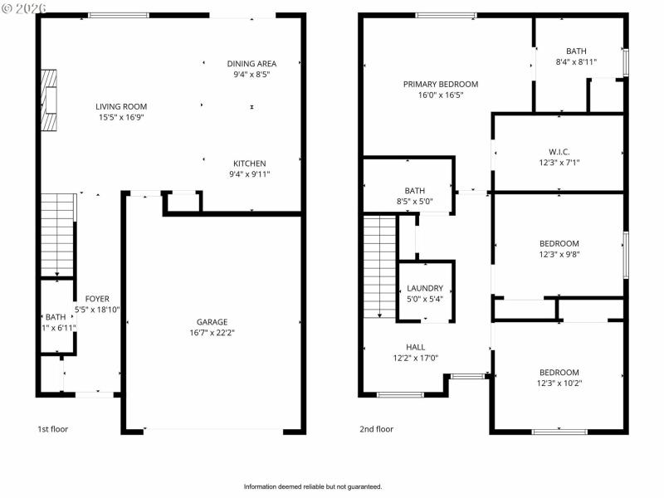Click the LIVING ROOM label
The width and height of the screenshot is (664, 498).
pyautogui.click(x=121, y=106)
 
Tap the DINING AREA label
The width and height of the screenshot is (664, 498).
pyautogui.click(x=251, y=63)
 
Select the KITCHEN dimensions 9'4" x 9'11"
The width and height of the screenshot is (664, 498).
pyautogui.click(x=249, y=174)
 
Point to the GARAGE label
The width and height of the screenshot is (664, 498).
pyautogui.click(x=212, y=322)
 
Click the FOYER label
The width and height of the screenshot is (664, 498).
pyautogui.click(x=97, y=299)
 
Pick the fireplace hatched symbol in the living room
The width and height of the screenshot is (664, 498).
pyautogui.click(x=51, y=100)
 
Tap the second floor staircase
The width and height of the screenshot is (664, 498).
pyautogui.click(x=380, y=266)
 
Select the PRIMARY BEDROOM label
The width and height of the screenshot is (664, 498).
pyautogui.click(x=441, y=84)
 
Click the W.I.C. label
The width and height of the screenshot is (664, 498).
pyautogui.click(x=559, y=151)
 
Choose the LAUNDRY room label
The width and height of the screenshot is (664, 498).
pyautogui.click(x=425, y=288)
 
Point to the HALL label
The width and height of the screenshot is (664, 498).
pyautogui.click(x=415, y=347)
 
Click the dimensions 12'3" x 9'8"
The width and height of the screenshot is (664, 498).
pyautogui.click(x=559, y=255)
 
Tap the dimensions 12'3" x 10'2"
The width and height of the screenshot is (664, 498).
pyautogui.click(x=559, y=383)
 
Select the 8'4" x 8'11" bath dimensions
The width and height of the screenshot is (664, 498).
pyautogui.click(x=576, y=61)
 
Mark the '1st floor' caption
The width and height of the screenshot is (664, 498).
pyautogui.click(x=52, y=429)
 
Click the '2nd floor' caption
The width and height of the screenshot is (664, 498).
pyautogui.click(x=376, y=429)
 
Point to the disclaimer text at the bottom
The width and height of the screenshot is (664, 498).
pyautogui.click(x=313, y=486)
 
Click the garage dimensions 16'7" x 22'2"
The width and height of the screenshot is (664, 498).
pyautogui.click(x=212, y=333)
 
